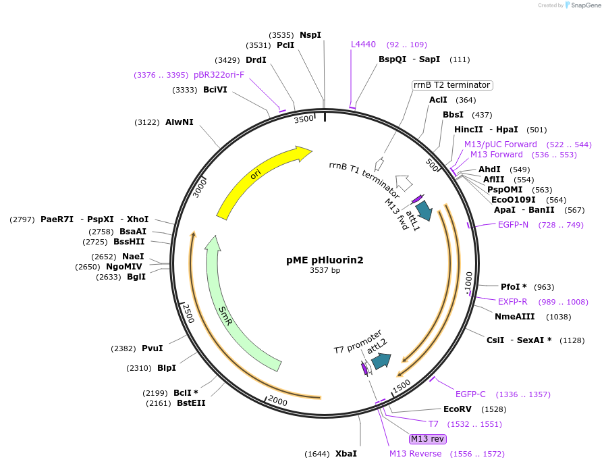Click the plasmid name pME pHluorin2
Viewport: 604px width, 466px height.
tap(325, 260)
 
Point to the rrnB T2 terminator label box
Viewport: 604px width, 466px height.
tap(451, 85)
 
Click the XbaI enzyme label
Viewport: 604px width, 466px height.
tap(346, 454)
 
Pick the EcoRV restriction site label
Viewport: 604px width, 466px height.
tap(457, 409)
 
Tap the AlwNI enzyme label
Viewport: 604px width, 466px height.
tap(179, 122)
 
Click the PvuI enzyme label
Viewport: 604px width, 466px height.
tap(152, 348)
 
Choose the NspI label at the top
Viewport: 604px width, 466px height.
tap(310, 34)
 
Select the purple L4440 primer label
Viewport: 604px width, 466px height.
tap(363, 45)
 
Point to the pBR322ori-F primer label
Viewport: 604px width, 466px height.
tap(219, 75)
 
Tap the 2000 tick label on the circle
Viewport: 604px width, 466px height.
tap(277, 400)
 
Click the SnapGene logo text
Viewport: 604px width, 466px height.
tap(584, 5)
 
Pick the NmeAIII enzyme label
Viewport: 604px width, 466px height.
tap(514, 317)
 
